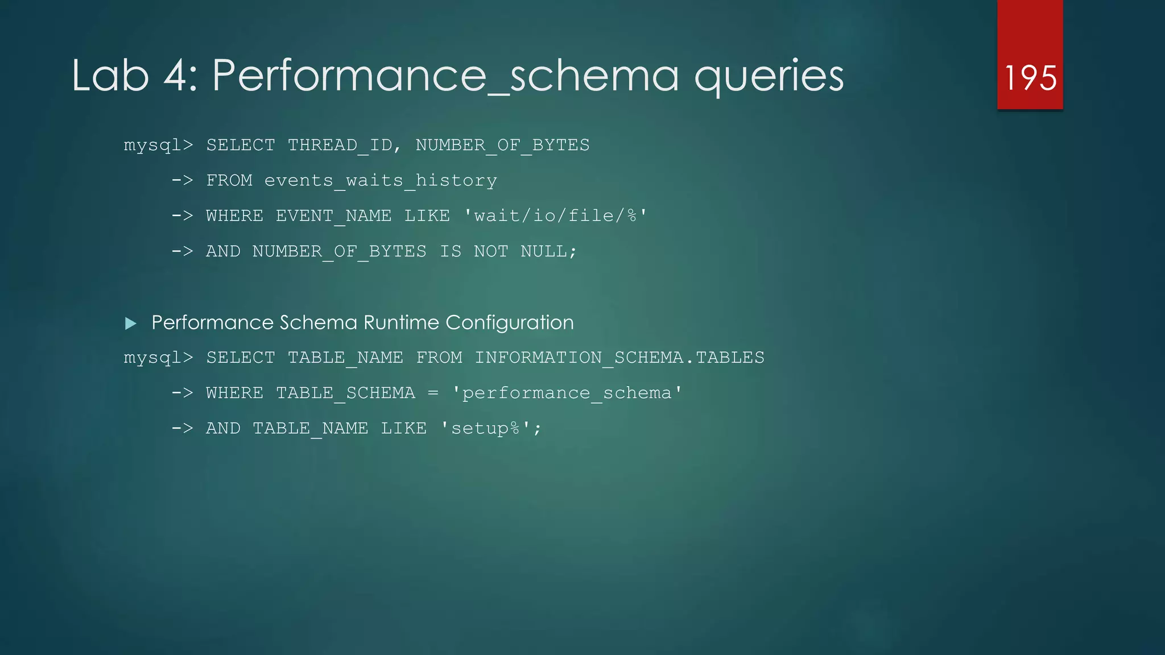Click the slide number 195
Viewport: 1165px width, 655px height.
point(1030,77)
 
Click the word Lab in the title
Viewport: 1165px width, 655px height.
point(110,76)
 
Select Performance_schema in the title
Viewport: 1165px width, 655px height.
point(445,76)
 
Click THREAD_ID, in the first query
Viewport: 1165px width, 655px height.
point(344,145)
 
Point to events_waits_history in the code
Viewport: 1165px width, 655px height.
point(381,181)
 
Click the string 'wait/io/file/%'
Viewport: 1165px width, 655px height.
point(555,216)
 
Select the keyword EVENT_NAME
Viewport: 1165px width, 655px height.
point(333,216)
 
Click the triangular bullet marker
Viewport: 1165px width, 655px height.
point(131,324)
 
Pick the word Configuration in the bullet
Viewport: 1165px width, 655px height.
point(510,322)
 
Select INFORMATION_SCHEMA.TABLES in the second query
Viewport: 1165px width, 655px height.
point(619,358)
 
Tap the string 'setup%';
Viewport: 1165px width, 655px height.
point(491,428)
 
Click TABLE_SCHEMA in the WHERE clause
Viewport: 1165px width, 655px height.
point(345,393)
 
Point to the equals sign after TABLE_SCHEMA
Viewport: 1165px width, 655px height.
point(433,393)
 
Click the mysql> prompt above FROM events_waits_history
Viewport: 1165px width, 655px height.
point(158,146)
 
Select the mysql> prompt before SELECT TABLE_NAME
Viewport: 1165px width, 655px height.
point(158,358)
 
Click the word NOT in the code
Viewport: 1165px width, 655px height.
point(491,251)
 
